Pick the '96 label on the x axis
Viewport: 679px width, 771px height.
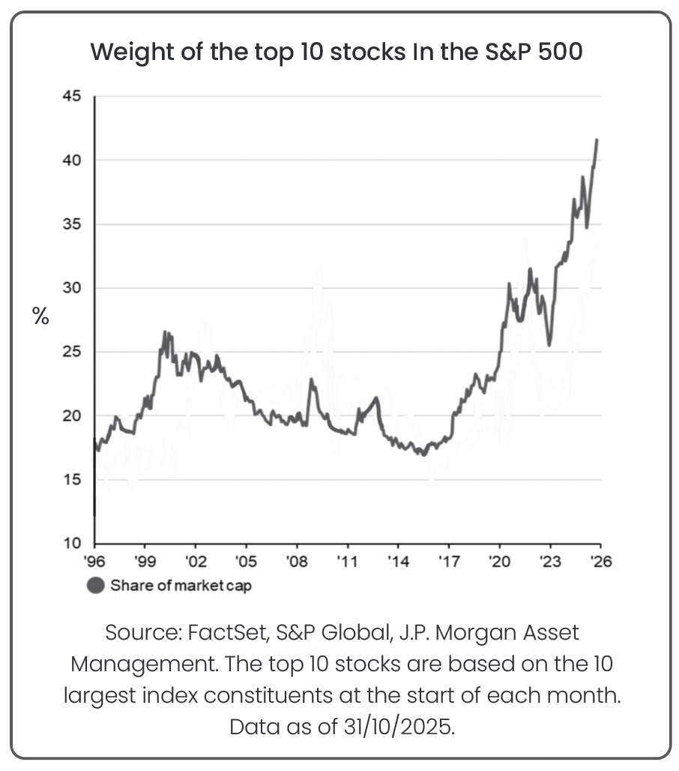coord(95,561)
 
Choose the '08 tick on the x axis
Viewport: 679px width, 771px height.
coord(298,561)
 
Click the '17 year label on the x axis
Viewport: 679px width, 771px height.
coord(449,561)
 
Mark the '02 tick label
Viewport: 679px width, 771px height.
coord(196,561)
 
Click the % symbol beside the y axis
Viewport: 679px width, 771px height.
coord(40,316)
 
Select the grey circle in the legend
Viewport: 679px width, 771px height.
coord(96,586)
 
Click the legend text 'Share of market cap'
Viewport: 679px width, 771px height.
coord(181,586)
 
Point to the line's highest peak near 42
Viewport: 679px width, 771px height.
coord(597,139)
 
